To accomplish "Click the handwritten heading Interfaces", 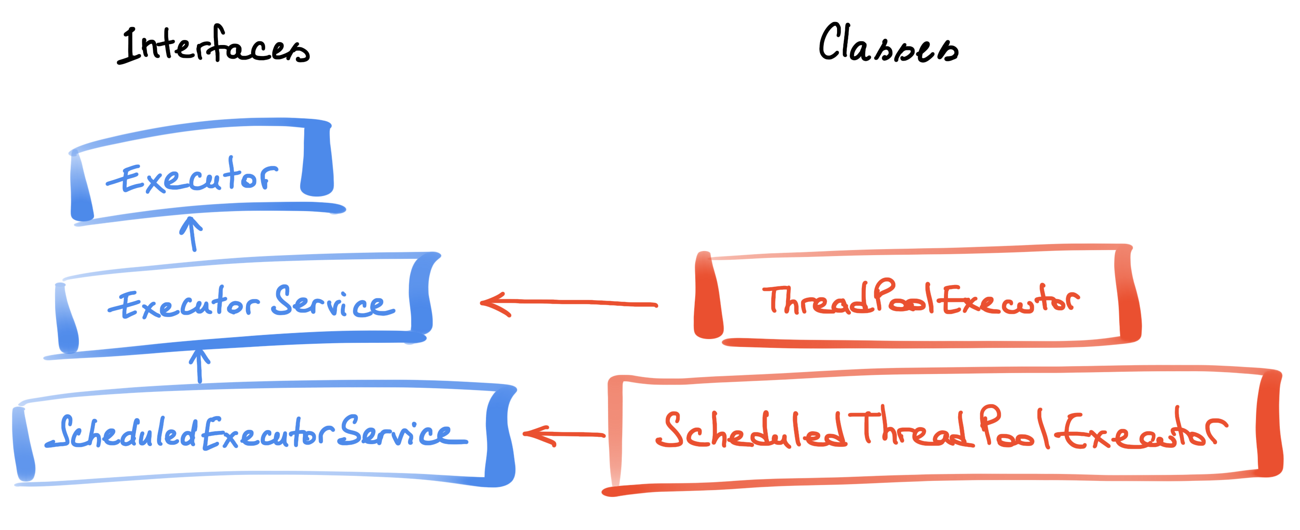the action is click(x=213, y=45).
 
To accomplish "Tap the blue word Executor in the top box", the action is click(x=192, y=175).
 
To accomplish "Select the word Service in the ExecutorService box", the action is click(x=334, y=301).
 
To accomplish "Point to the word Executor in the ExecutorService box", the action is click(x=184, y=303).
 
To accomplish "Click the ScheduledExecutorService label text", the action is click(x=257, y=433).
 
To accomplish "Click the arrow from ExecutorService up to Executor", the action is click(x=192, y=234).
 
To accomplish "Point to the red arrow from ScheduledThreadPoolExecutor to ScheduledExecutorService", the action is click(x=564, y=434).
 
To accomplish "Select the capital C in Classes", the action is click(x=831, y=41).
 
